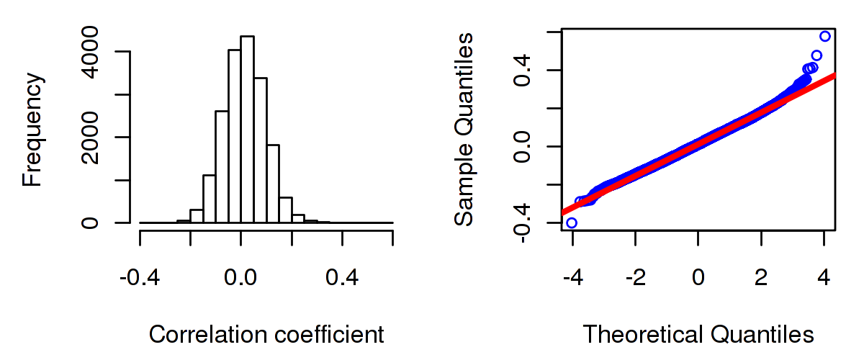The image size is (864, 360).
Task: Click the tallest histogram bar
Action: (x=247, y=130)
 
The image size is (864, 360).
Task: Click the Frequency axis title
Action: (x=33, y=129)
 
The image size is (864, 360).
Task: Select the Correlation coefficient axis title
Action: (x=266, y=334)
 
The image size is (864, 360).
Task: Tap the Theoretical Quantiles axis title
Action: (x=698, y=334)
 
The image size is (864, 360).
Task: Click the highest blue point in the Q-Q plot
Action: (x=824, y=36)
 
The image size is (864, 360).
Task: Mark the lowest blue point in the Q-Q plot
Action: (x=572, y=222)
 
